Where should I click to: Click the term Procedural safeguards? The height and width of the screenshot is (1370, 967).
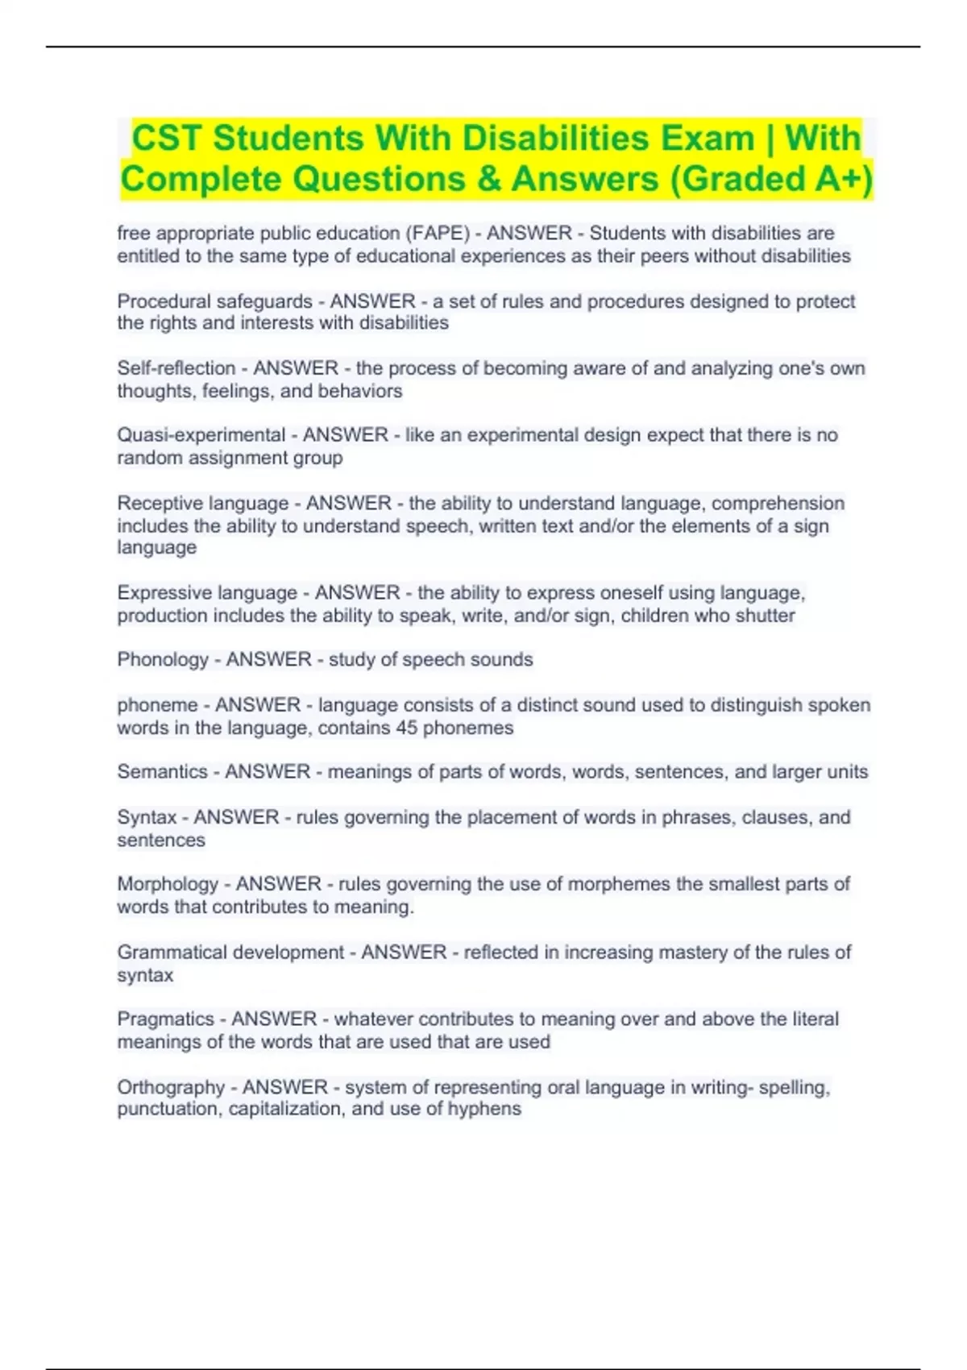point(214,301)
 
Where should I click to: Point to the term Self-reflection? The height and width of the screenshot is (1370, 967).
point(176,368)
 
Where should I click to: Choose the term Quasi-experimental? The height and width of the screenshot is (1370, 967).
point(201,435)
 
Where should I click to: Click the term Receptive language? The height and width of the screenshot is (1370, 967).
point(202,504)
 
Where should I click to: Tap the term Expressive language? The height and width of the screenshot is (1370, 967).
point(207,593)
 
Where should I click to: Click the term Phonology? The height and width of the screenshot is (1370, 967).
point(163,660)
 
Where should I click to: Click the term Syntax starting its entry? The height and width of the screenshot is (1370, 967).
point(147,817)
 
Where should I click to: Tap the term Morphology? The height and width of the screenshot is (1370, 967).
point(168,884)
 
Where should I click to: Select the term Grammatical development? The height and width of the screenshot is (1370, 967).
point(230,953)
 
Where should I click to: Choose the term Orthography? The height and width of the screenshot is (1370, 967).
point(171,1087)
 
